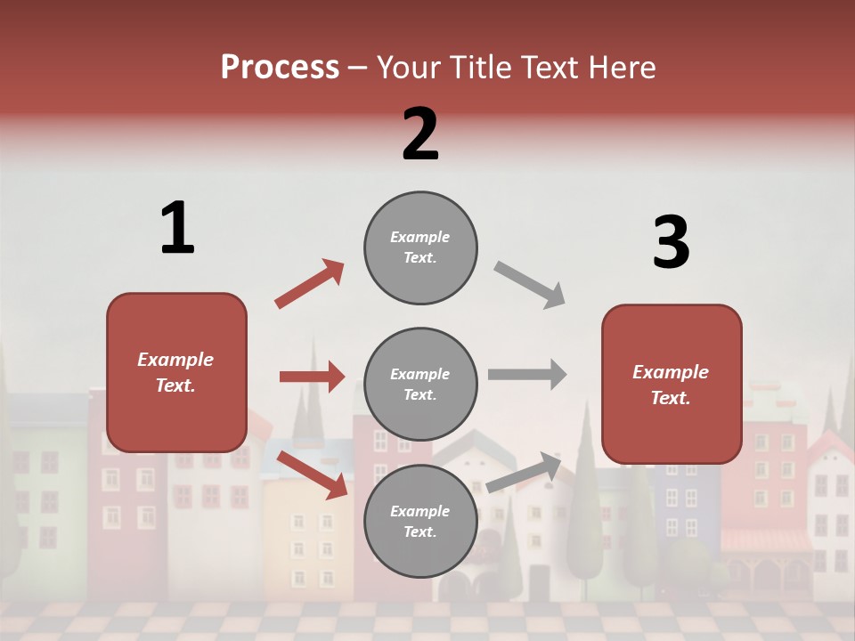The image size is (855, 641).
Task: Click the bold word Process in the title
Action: (x=280, y=68)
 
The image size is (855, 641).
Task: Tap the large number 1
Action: (x=177, y=228)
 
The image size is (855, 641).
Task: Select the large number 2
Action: (x=420, y=134)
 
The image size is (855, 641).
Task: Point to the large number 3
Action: (x=672, y=242)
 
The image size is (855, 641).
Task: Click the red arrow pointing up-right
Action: (x=310, y=283)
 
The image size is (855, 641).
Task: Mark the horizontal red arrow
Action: (x=312, y=377)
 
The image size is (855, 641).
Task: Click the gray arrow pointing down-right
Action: (x=530, y=284)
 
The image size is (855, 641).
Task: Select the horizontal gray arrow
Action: (x=527, y=374)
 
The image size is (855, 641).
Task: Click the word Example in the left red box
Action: (x=175, y=360)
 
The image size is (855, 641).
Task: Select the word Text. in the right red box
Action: (x=671, y=398)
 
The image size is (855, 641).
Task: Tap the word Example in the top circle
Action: (x=420, y=237)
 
